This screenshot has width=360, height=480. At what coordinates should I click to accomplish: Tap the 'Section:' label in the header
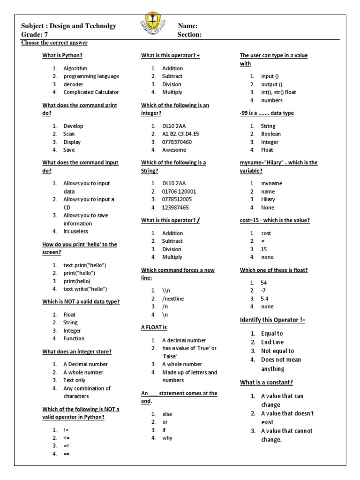click(189, 35)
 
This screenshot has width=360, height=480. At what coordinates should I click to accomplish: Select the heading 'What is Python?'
click(62, 56)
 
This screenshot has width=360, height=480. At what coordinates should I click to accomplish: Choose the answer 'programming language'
click(91, 76)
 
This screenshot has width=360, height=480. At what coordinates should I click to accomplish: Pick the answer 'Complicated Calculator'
click(91, 92)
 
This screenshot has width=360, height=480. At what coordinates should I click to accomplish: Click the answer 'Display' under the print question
click(72, 142)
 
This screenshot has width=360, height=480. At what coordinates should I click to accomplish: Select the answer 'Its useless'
click(75, 231)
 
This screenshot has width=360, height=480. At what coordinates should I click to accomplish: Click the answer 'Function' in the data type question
click(74, 338)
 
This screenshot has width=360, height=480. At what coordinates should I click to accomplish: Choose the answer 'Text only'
click(75, 380)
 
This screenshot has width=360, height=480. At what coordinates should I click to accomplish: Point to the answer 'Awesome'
click(174, 150)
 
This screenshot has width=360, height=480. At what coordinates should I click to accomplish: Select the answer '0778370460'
click(177, 142)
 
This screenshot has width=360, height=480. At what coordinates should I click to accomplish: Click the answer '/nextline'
click(172, 299)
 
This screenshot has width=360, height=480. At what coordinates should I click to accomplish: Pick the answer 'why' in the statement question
click(167, 438)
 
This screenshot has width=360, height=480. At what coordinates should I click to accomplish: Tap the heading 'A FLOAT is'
click(154, 327)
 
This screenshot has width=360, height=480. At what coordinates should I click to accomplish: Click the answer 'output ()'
click(271, 84)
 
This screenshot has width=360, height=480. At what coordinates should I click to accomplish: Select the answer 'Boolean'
click(271, 134)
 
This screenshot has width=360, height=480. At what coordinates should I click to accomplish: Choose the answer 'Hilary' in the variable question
click(268, 200)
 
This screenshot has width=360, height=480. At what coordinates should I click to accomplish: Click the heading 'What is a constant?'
click(266, 382)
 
